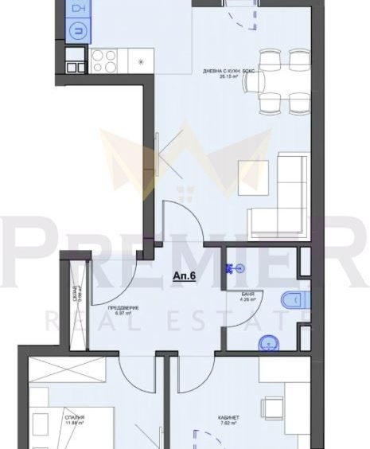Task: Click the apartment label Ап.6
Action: pos(185,276)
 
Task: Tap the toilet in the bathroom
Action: pos(291,300)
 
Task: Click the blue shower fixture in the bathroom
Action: pos(232,268)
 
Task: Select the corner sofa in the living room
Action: pos(282,194)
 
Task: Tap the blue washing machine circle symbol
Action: pos(77,31)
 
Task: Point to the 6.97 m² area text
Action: pos(123,314)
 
